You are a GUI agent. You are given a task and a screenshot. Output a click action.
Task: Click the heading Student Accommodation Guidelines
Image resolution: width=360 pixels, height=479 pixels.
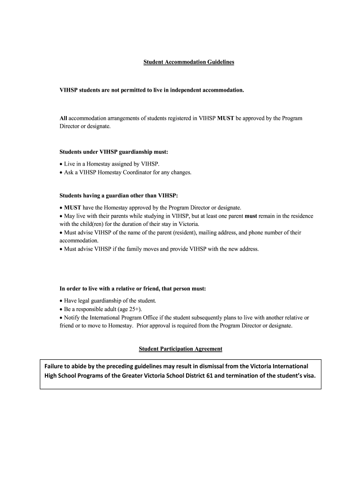(x=188, y=62)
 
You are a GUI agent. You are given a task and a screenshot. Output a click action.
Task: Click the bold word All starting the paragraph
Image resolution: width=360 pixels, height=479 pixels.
(x=64, y=118)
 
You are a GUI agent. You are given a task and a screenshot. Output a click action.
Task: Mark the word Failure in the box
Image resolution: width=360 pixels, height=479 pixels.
(x=55, y=365)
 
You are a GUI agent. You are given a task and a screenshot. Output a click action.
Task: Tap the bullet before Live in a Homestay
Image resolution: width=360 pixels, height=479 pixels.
(x=61, y=164)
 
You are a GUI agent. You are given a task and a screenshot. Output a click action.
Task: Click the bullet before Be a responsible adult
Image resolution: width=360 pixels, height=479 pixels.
(x=61, y=309)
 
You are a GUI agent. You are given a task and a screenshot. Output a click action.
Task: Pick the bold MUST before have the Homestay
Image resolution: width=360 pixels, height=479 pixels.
(x=72, y=207)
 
